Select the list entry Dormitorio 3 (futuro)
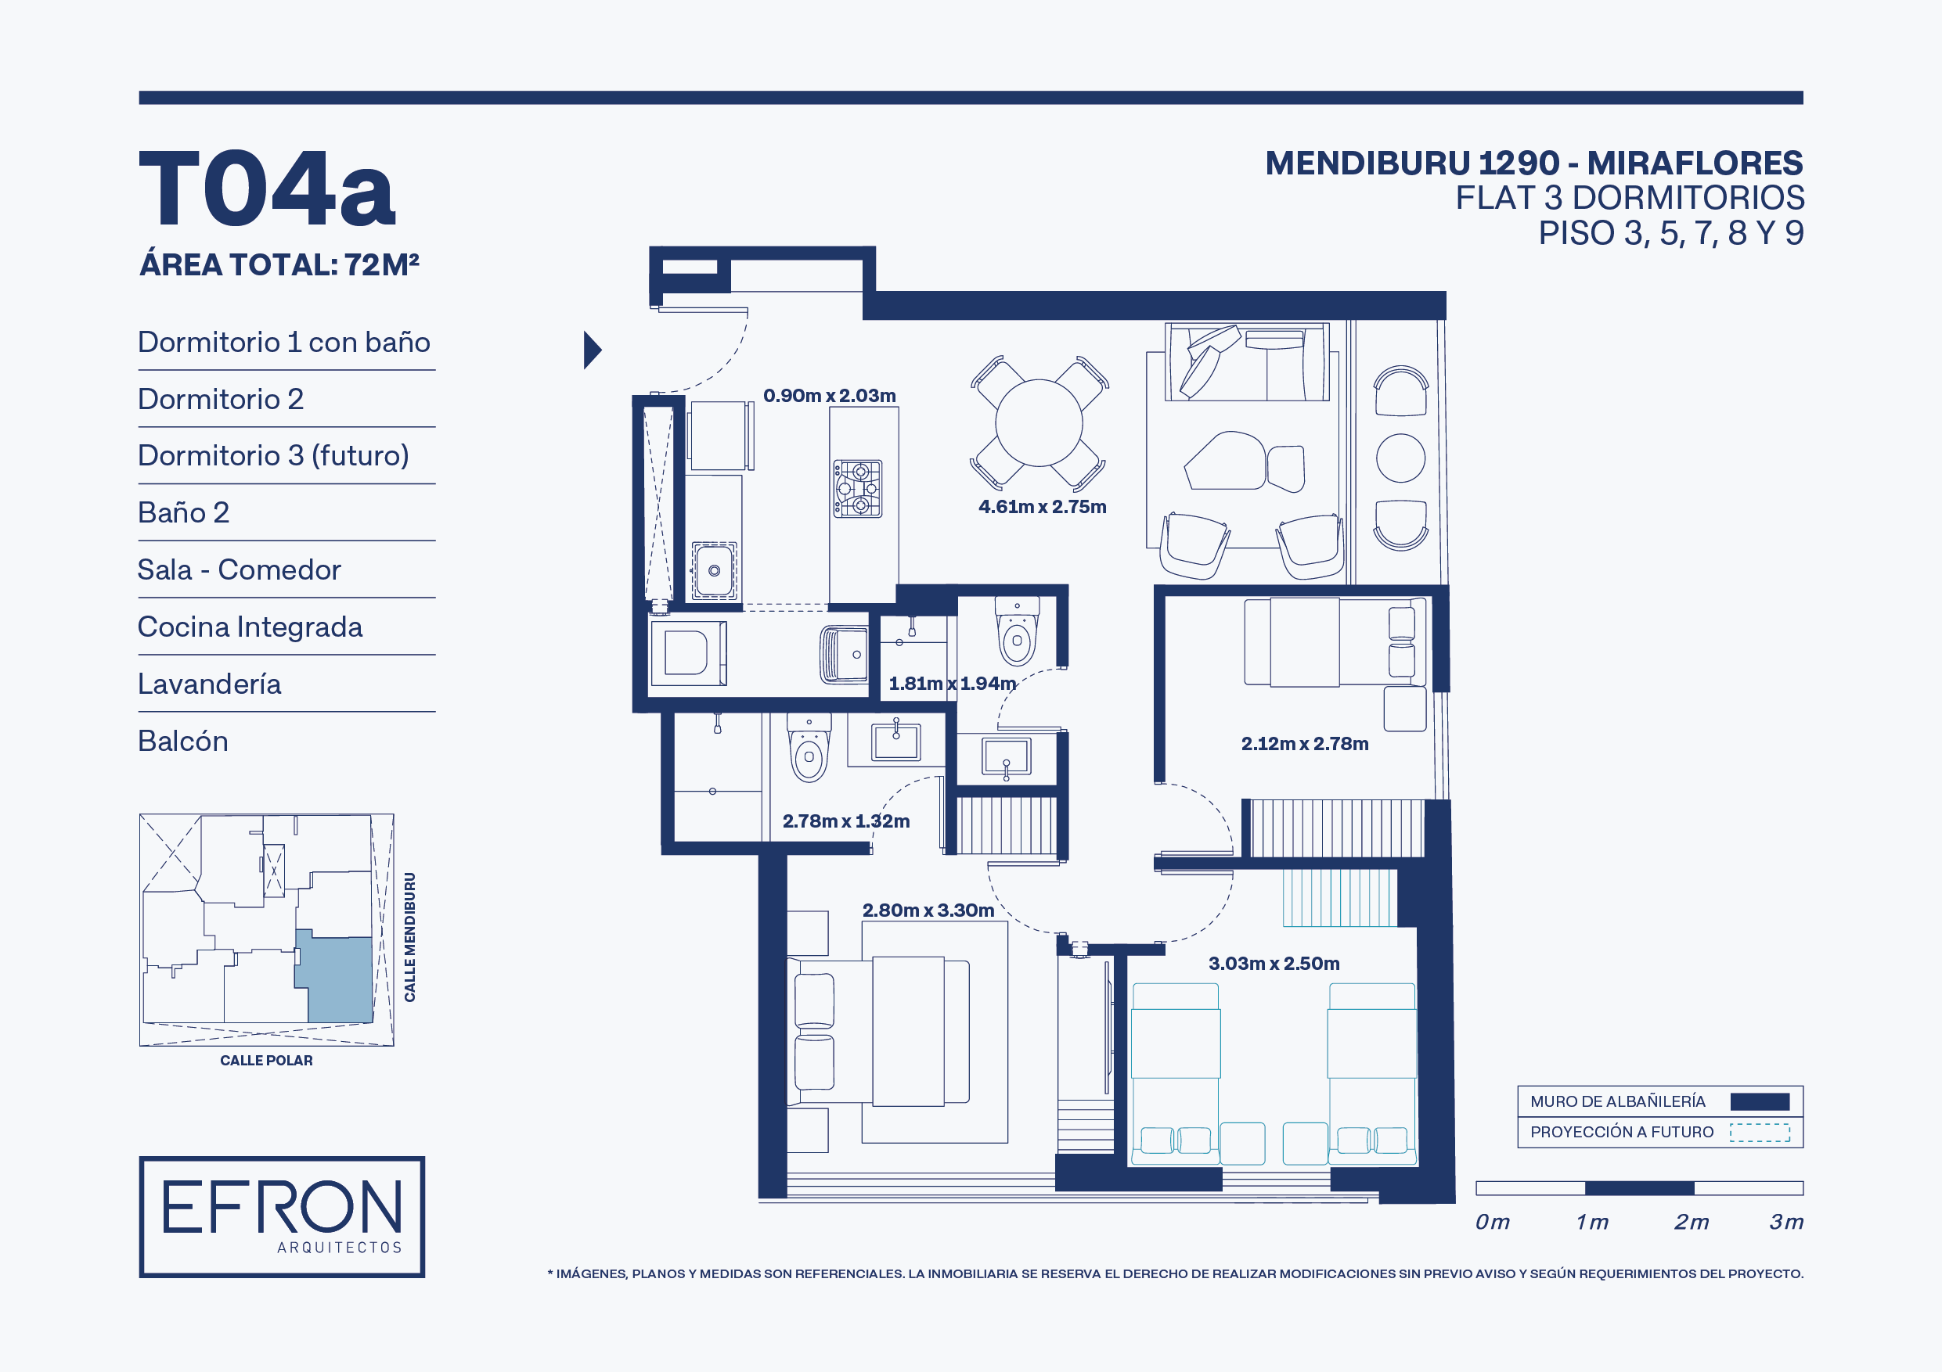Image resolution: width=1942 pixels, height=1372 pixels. [x=273, y=456]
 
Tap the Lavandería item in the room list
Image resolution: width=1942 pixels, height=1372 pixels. [x=210, y=684]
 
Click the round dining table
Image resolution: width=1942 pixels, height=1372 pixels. [x=1039, y=422]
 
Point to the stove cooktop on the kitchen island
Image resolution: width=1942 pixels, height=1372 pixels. [x=858, y=489]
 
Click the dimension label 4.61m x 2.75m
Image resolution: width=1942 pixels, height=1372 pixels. [x=1042, y=506]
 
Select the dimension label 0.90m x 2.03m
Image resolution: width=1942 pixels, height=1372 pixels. [x=830, y=396]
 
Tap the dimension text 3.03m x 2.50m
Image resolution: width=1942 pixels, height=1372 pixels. [x=1274, y=963]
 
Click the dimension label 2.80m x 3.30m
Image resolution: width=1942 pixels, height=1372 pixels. [x=928, y=910]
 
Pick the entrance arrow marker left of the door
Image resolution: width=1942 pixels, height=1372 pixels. [x=592, y=350]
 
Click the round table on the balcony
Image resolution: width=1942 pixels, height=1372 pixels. [x=1400, y=458]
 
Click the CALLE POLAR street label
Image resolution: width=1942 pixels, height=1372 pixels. [x=266, y=1061]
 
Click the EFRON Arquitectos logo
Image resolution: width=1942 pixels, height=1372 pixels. [x=282, y=1216]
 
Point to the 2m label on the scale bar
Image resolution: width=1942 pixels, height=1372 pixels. [x=1691, y=1222]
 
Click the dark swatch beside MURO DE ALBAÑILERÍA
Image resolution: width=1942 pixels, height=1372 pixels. [x=1760, y=1101]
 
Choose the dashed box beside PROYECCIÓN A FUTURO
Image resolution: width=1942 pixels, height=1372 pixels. [x=1760, y=1133]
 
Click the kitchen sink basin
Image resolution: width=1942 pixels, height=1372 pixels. [x=714, y=570]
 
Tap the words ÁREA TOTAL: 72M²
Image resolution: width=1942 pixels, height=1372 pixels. [x=279, y=264]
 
